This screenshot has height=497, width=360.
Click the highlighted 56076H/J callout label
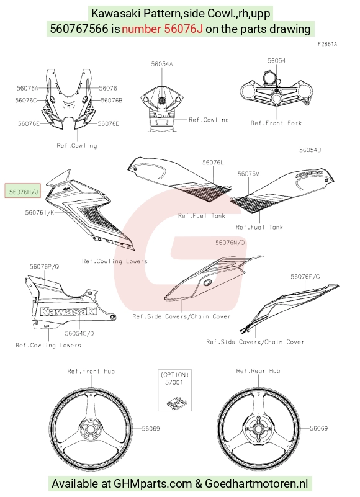pyautogui.click(x=22, y=191)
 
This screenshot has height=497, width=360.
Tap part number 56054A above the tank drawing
pyautogui.click(x=162, y=64)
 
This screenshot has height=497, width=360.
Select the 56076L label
pyautogui.click(x=213, y=163)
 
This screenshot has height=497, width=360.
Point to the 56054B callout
pyautogui.click(x=310, y=150)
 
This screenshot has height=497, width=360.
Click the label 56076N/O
pyautogui.click(x=230, y=243)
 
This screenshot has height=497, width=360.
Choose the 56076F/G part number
pyautogui.click(x=305, y=277)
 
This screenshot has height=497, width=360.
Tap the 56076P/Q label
pyautogui.click(x=45, y=267)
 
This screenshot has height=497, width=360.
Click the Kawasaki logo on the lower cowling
pyautogui.click(x=68, y=311)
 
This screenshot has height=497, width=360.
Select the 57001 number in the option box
pyautogui.click(x=174, y=383)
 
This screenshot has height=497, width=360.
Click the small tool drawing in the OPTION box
pyautogui.click(x=176, y=401)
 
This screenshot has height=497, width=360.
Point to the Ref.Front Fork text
pyautogui.click(x=276, y=123)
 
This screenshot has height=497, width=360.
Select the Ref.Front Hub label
pyautogui.click(x=91, y=371)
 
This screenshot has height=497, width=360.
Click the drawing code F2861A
pyautogui.click(x=327, y=44)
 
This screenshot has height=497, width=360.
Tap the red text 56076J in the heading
pyautogui.click(x=183, y=29)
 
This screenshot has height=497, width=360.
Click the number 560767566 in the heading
pyautogui.click(x=79, y=29)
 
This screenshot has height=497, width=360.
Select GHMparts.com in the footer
pyautogui.click(x=153, y=484)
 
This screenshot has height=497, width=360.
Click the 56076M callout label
pyautogui.click(x=249, y=174)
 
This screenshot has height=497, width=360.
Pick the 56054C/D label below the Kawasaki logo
pyautogui.click(x=79, y=333)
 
